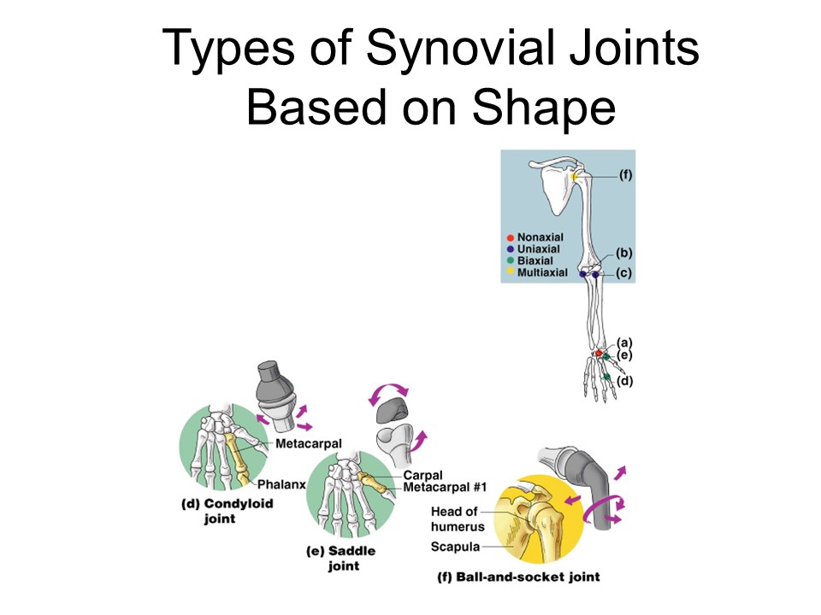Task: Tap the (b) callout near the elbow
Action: (624, 253)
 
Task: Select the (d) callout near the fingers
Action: (625, 381)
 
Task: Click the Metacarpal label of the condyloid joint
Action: (309, 444)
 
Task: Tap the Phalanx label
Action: (282, 484)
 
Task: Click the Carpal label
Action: (422, 476)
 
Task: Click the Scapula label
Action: (455, 547)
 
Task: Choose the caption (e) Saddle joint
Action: (341, 559)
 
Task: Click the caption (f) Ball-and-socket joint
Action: (518, 577)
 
